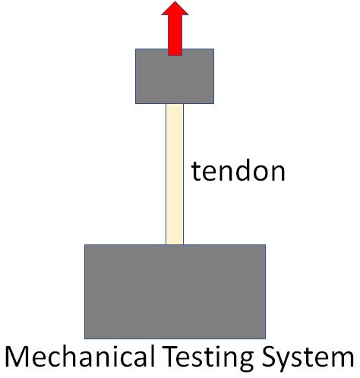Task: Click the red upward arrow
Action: pyautogui.click(x=175, y=28)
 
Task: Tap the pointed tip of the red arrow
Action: pyautogui.click(x=175, y=2)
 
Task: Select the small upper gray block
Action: pyautogui.click(x=175, y=76)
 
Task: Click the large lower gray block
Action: pyautogui.click(x=175, y=291)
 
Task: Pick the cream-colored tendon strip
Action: pyautogui.click(x=175, y=174)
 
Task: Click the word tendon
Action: pyautogui.click(x=238, y=170)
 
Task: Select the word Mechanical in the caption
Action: pyautogui.click(x=80, y=356)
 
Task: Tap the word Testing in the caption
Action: pyautogui.click(x=208, y=358)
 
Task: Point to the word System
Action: pyautogui.click(x=308, y=358)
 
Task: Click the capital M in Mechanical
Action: pyautogui.click(x=17, y=357)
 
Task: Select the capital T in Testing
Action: pyautogui.click(x=171, y=357)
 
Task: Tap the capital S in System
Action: pyautogui.click(x=269, y=357)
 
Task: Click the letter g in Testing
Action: pyautogui.click(x=245, y=361)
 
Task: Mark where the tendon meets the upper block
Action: pyautogui.click(x=175, y=104)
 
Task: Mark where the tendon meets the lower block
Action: pyautogui.click(x=175, y=244)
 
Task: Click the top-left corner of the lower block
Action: pyautogui.click(x=84, y=244)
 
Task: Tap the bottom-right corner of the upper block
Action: pyautogui.click(x=214, y=104)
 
